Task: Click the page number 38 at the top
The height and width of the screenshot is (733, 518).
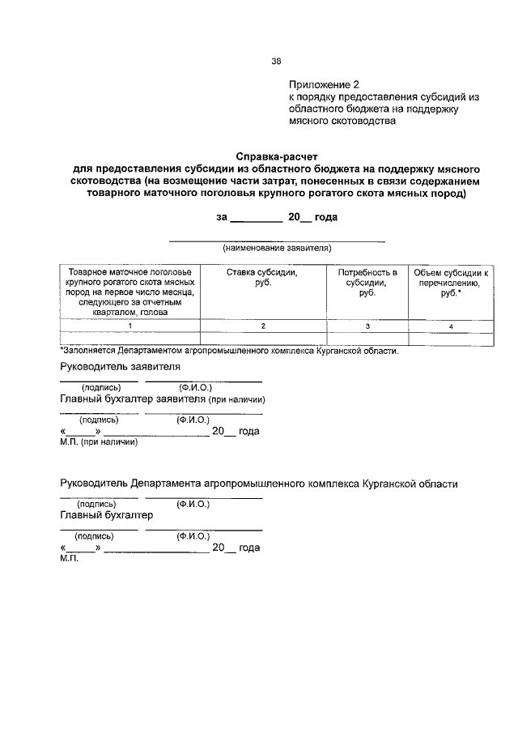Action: click(x=276, y=60)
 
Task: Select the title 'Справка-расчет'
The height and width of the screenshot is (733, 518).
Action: click(x=275, y=156)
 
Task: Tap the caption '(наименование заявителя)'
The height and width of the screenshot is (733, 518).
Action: click(x=277, y=247)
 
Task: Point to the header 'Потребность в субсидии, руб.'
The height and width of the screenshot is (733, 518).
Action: click(x=367, y=283)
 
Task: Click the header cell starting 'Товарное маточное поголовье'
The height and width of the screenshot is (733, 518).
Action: click(x=129, y=292)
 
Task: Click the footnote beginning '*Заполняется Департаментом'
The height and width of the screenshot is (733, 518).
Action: click(x=229, y=351)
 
